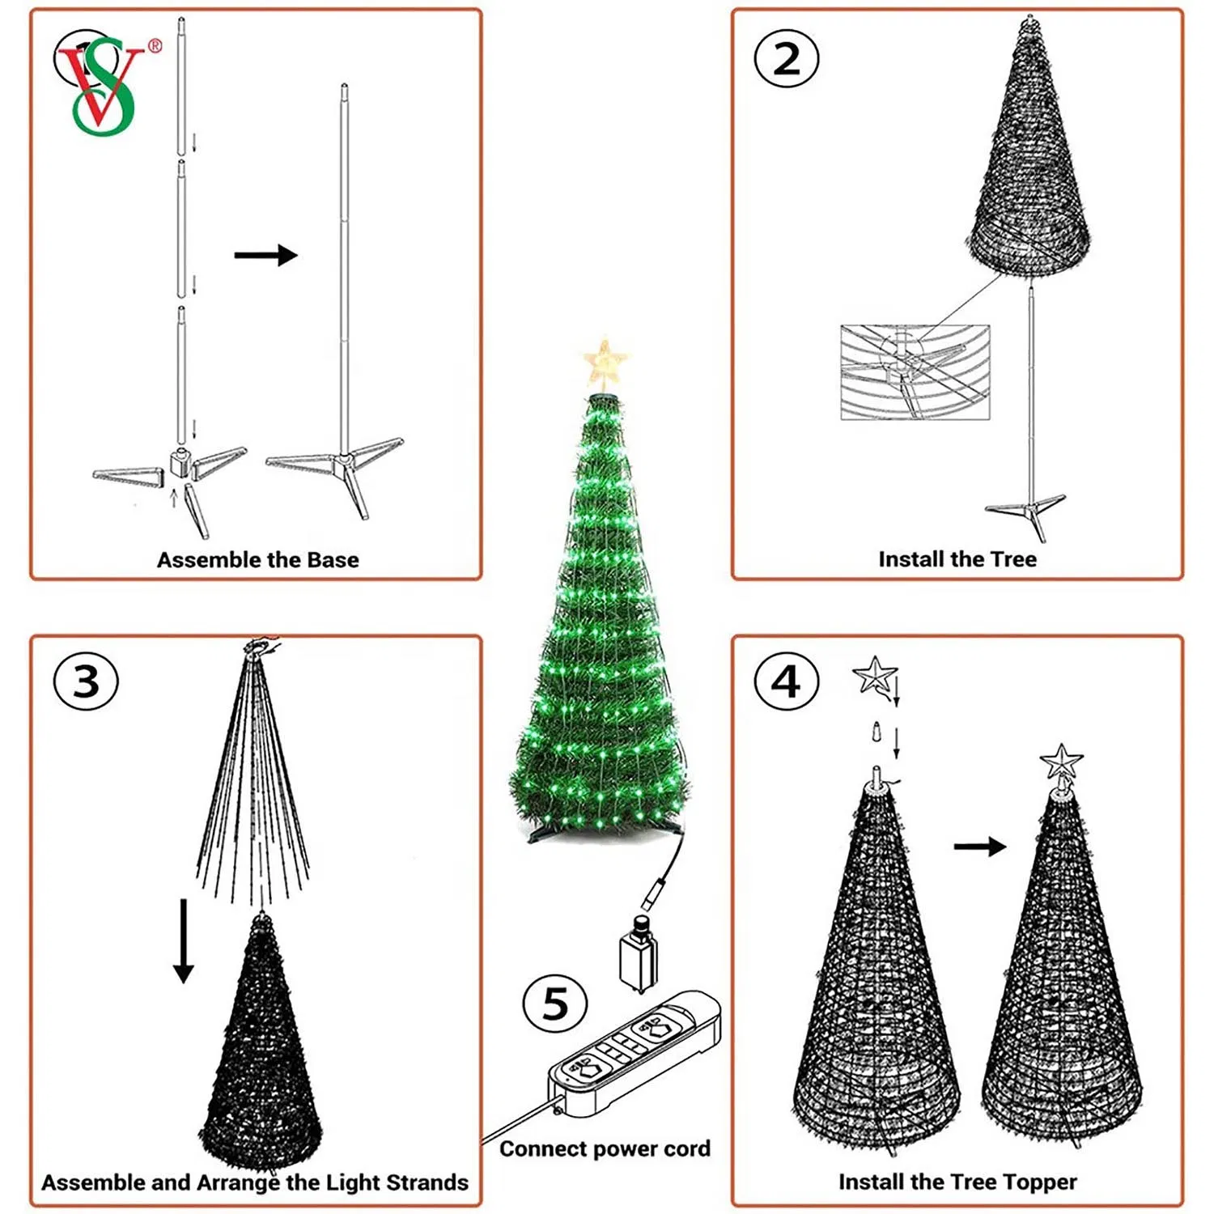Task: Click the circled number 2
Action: (786, 59)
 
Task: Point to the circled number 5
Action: (555, 1003)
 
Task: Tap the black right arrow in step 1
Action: (265, 255)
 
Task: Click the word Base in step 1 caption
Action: (332, 560)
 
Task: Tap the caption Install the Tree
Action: (957, 559)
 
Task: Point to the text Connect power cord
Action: (605, 1148)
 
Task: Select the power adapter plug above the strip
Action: (638, 955)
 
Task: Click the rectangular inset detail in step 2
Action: (915, 372)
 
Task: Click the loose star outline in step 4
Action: (874, 675)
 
